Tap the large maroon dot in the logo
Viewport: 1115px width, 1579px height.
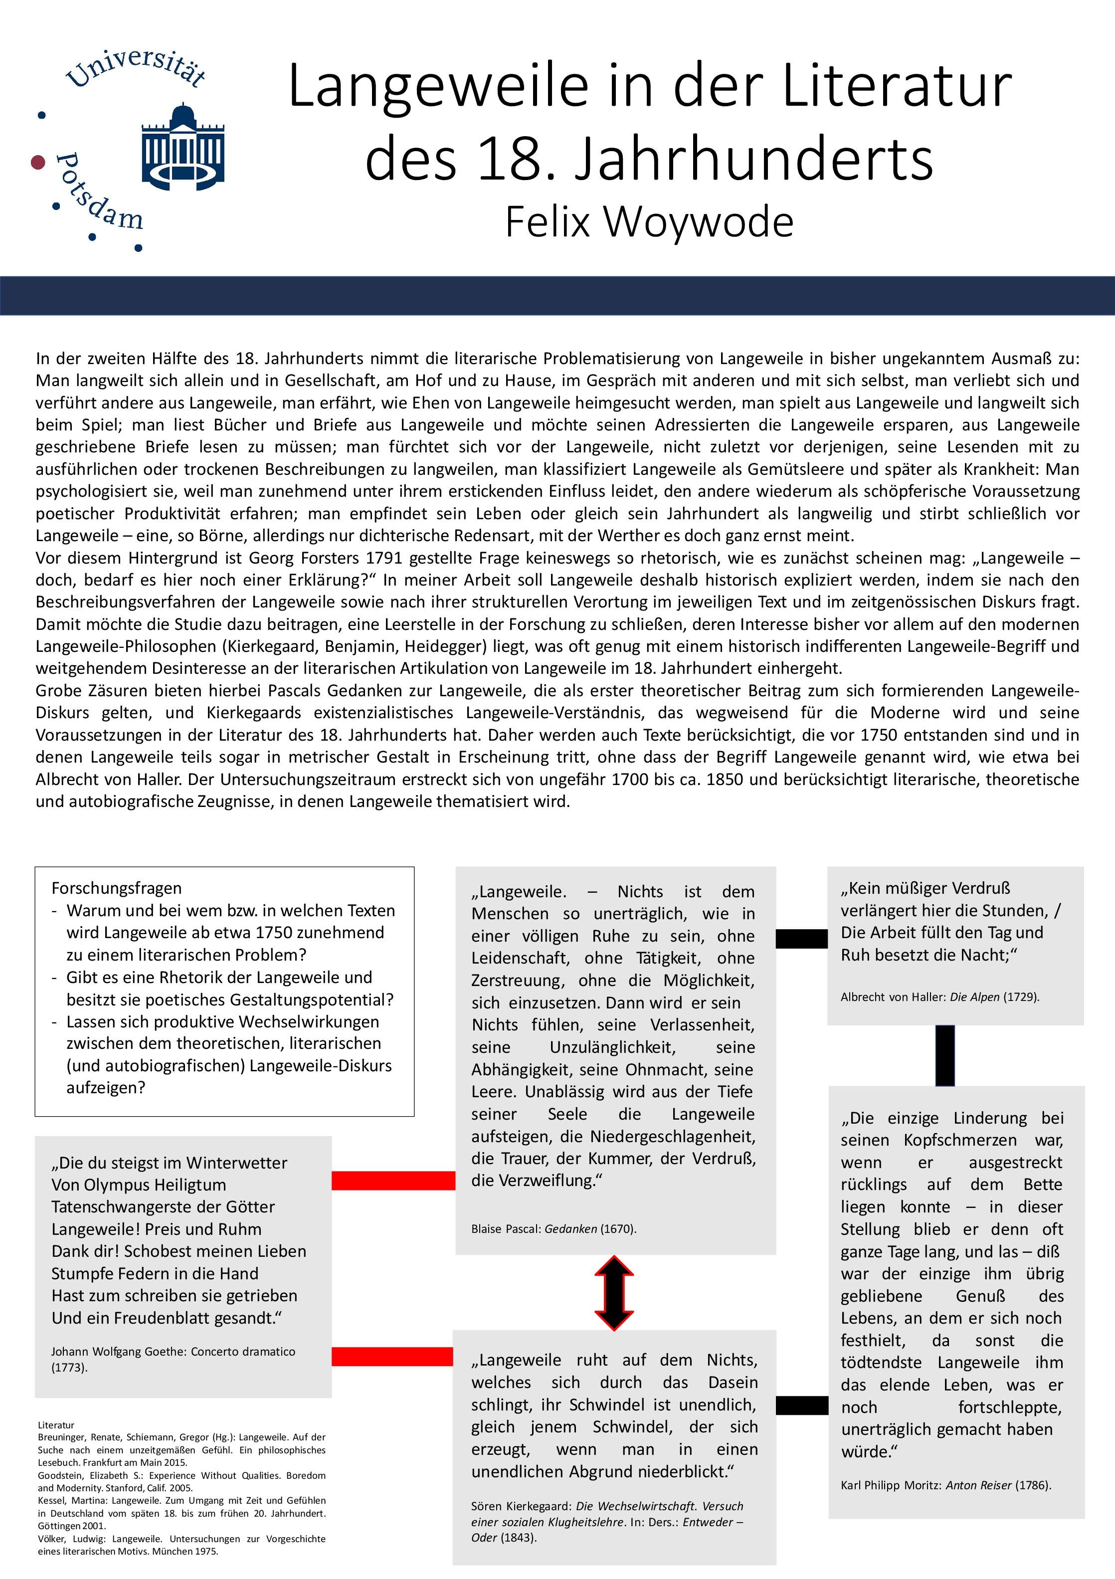click(38, 162)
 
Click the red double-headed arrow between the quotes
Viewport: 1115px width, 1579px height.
click(614, 1293)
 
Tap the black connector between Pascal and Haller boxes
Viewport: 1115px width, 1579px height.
click(801, 938)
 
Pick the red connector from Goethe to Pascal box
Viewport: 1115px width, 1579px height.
click(393, 1180)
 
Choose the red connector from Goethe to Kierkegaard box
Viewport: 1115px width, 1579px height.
click(392, 1356)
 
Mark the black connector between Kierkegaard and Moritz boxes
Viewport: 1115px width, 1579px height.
click(802, 1405)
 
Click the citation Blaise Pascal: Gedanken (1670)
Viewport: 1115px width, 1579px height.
click(554, 1228)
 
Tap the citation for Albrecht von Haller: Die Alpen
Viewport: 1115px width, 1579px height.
click(939, 996)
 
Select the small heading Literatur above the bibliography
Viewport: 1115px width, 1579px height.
click(56, 1425)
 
